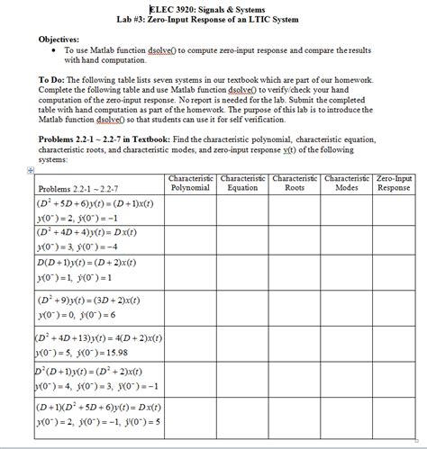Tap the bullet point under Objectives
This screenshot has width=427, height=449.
click(x=58, y=50)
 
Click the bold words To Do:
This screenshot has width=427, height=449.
click(x=53, y=79)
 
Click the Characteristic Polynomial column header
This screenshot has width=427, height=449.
click(x=190, y=183)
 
